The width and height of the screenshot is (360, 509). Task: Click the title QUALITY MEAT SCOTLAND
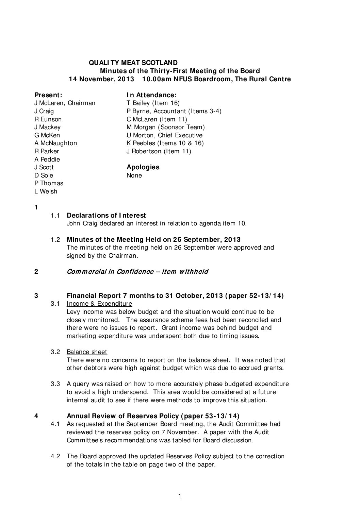[x=133, y=63]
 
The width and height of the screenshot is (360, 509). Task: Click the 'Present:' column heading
[x=48, y=95]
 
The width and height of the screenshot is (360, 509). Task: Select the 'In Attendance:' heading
[x=151, y=95]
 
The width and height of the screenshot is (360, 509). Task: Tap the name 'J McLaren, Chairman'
[x=65, y=103]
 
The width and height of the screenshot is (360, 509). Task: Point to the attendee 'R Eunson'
[x=48, y=119]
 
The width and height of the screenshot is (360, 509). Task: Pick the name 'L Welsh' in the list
[x=46, y=191]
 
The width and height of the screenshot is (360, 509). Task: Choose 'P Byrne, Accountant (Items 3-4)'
[x=174, y=111]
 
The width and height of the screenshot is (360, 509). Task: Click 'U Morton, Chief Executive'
[x=164, y=135]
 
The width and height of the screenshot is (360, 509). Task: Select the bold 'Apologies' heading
[x=143, y=167]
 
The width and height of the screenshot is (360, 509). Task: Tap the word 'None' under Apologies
[x=134, y=175]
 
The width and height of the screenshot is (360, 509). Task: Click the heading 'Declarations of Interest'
[x=106, y=215]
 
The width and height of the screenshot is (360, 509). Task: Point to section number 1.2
[x=55, y=239]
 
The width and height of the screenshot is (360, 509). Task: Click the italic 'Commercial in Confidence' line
[x=137, y=271]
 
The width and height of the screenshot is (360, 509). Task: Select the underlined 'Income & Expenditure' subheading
[x=99, y=304]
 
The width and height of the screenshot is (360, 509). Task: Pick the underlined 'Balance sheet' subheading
[x=87, y=352]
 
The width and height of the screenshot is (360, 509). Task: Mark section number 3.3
[x=55, y=384]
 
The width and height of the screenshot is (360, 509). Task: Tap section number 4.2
[x=55, y=456]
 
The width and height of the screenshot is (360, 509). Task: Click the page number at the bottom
[x=180, y=496]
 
